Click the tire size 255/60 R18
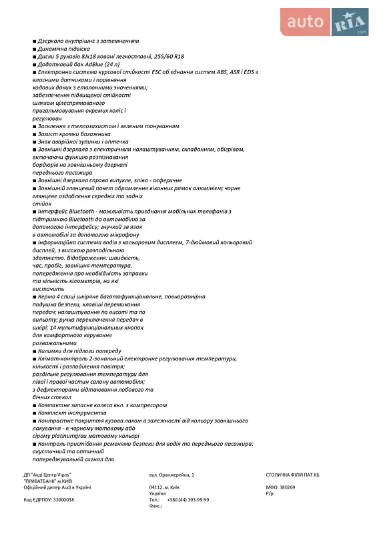[x=169, y=57]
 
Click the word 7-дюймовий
[x=202, y=242]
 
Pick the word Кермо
[x=45, y=296]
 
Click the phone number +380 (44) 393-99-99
[x=187, y=499]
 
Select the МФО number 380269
[x=288, y=487]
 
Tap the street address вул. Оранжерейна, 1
[x=172, y=474]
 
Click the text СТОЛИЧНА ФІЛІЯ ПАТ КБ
[x=293, y=474]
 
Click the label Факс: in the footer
[x=156, y=506]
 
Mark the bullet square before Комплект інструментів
[x=34, y=413]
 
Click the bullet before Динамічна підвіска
[x=34, y=49]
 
